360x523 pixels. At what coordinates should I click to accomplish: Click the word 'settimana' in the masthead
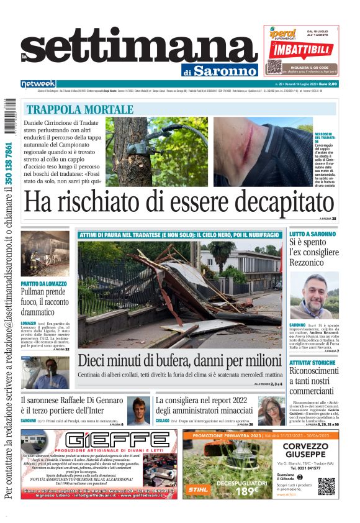[x=139, y=50]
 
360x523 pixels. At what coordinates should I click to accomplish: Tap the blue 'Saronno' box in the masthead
[x=225, y=71]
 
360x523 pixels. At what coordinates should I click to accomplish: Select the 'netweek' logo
[x=38, y=83]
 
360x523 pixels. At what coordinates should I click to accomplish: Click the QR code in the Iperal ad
[x=274, y=67]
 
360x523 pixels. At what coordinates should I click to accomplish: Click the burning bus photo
[x=45, y=254]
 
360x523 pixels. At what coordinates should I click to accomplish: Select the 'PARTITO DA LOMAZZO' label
[x=43, y=283]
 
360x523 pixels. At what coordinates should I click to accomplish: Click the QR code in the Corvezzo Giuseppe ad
[x=326, y=486]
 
